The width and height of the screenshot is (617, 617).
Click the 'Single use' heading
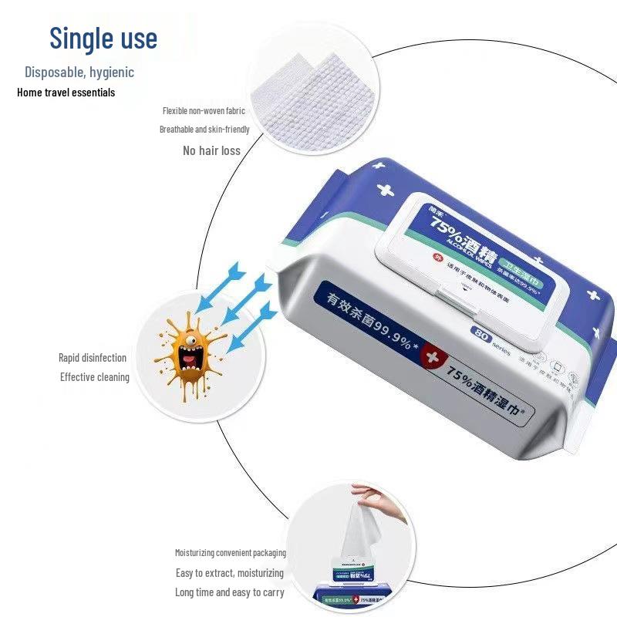[103, 38]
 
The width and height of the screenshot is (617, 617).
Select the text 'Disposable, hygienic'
[79, 72]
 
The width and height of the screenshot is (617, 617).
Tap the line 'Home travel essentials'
[66, 93]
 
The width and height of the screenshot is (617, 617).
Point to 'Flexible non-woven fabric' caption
[204, 111]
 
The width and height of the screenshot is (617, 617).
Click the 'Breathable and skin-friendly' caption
[204, 130]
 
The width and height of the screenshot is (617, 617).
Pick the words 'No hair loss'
[211, 151]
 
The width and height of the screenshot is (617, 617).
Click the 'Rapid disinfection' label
[93, 358]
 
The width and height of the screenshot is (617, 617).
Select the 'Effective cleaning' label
[95, 377]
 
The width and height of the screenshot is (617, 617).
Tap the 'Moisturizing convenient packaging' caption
[230, 553]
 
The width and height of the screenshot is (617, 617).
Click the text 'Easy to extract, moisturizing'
[229, 573]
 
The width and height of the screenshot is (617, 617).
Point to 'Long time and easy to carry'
[229, 593]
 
